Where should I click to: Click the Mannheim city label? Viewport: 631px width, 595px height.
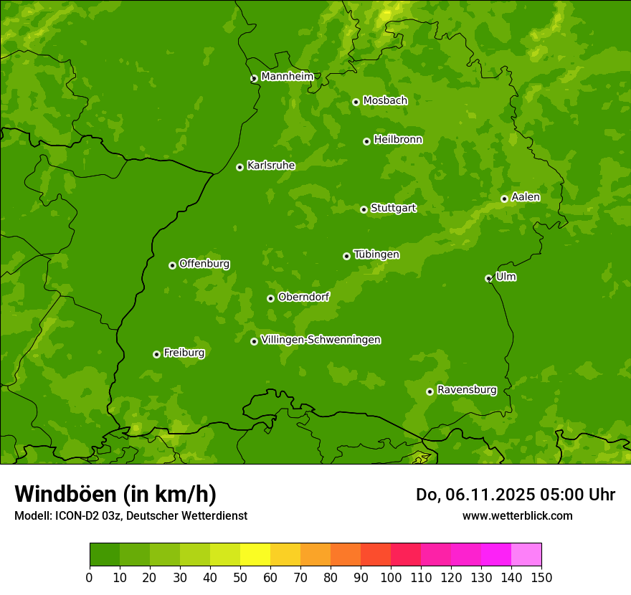click(287, 77)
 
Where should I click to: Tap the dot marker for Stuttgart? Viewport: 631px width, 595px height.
click(364, 209)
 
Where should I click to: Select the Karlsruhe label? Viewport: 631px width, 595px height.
click(270, 166)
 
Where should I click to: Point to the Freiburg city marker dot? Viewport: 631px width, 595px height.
click(156, 354)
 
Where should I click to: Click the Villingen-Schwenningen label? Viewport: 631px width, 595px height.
click(321, 340)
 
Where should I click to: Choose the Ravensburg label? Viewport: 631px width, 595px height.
click(466, 390)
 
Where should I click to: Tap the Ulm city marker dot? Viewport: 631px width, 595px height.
click(488, 278)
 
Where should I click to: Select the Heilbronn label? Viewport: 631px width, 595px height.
click(398, 140)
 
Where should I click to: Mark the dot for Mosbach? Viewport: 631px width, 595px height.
click(356, 102)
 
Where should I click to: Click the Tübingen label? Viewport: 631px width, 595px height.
click(376, 254)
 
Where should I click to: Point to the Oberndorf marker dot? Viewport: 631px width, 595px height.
click(270, 298)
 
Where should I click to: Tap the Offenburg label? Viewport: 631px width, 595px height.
click(204, 264)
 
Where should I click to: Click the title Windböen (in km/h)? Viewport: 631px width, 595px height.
click(115, 494)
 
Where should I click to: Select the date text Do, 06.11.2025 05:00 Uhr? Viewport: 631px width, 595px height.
click(515, 495)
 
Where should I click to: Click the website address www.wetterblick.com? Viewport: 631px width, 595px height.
click(517, 515)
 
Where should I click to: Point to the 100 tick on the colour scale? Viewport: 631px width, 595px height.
click(391, 577)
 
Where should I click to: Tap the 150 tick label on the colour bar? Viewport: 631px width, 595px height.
click(541, 577)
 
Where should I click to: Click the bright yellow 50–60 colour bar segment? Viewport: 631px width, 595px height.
click(255, 555)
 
